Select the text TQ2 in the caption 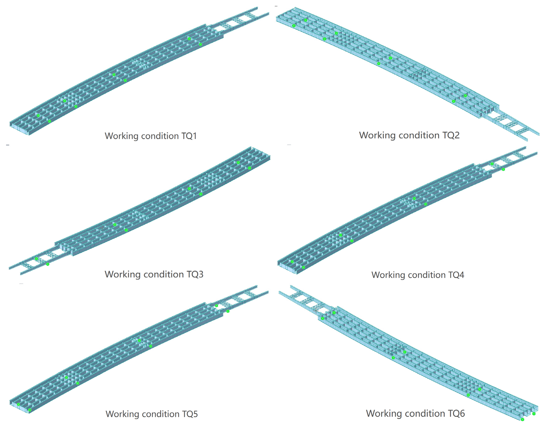point(451,135)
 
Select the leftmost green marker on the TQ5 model point(19,404)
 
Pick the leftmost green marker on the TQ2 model point(294,26)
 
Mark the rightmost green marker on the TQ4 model point(503,169)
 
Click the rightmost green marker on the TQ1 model point(200,44)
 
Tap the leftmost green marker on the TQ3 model point(37,258)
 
